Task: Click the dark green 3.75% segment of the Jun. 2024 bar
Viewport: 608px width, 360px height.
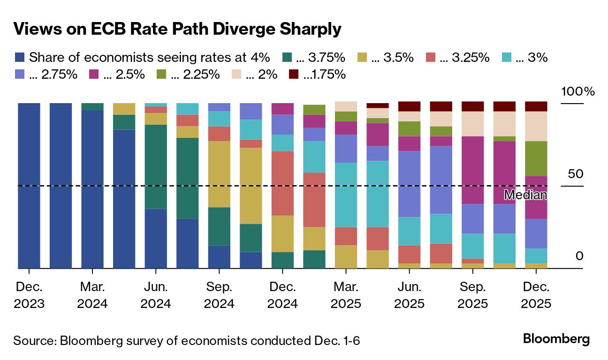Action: coord(156,166)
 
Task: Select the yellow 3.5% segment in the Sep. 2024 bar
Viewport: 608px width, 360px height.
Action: coord(219,174)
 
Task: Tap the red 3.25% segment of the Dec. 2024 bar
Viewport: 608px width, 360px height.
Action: coord(282,183)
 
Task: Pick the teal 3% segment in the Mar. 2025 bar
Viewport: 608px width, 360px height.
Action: coord(346,195)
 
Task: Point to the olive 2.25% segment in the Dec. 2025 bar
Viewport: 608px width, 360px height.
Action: coord(536,158)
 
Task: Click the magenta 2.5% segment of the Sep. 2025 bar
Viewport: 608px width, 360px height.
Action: coord(472,170)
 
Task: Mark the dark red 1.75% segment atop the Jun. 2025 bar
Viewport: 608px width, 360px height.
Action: coord(409,106)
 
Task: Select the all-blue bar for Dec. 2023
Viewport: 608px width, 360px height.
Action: coord(29,186)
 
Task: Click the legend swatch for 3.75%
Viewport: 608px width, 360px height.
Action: coord(287,58)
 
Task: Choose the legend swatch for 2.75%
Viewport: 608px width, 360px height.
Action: coord(20,74)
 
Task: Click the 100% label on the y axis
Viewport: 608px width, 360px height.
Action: coord(578,92)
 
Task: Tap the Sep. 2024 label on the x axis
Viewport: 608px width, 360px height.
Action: coord(219,295)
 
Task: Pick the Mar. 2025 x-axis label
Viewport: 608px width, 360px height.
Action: coord(346,295)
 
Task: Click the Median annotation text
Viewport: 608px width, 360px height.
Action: coord(525,195)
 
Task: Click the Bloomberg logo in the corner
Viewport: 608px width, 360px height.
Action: coord(556,339)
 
